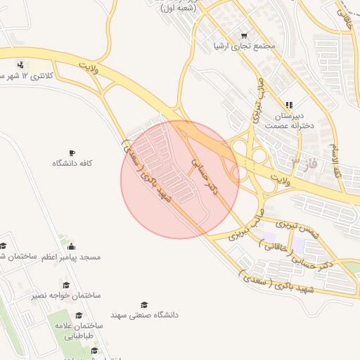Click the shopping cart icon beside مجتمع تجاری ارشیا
[244, 35]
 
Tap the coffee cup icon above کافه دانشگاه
[72, 153]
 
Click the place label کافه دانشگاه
[72, 163]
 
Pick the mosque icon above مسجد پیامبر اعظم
[71, 246]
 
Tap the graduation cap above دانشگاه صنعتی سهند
[144, 304]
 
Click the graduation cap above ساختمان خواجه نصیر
[66, 285]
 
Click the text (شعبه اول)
[178, 8]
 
